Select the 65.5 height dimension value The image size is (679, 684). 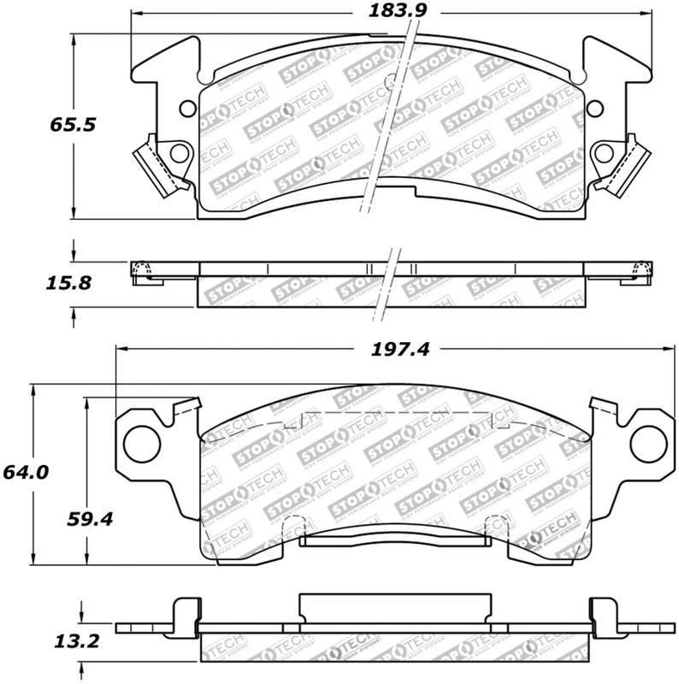(70, 123)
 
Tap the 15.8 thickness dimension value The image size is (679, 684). (70, 283)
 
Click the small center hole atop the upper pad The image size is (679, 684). (392, 83)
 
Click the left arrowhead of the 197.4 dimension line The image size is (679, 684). (121, 349)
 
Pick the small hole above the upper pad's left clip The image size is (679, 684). (187, 109)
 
